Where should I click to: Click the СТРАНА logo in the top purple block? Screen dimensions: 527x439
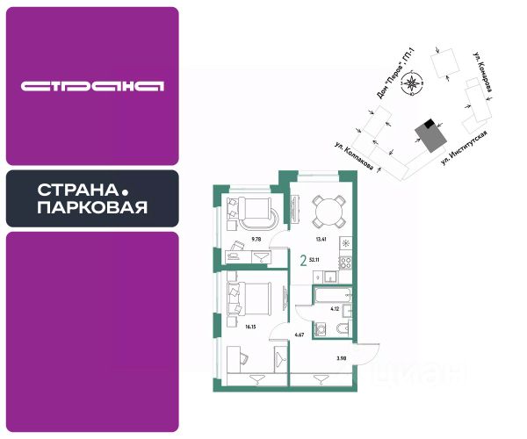pyautogui.click(x=92, y=86)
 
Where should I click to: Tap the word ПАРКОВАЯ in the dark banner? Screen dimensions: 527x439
pyautogui.click(x=92, y=208)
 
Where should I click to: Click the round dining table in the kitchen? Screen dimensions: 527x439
pyautogui.click(x=325, y=210)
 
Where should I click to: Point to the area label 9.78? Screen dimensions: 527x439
pyautogui.click(x=256, y=238)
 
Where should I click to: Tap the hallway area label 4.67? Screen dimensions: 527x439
pyautogui.click(x=299, y=334)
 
